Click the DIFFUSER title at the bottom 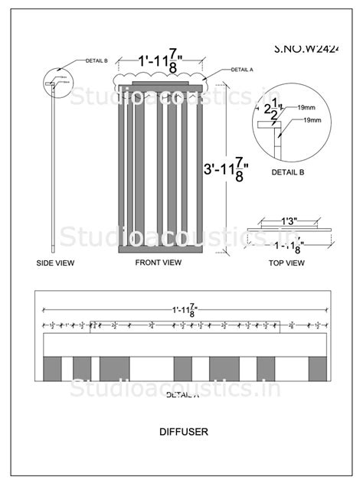click(x=181, y=430)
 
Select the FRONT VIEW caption click(x=159, y=263)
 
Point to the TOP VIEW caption click(x=286, y=263)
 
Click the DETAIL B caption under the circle click(x=288, y=172)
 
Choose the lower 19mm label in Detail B click(x=312, y=121)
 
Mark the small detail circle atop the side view click(x=54, y=79)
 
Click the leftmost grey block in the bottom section click(x=53, y=368)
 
